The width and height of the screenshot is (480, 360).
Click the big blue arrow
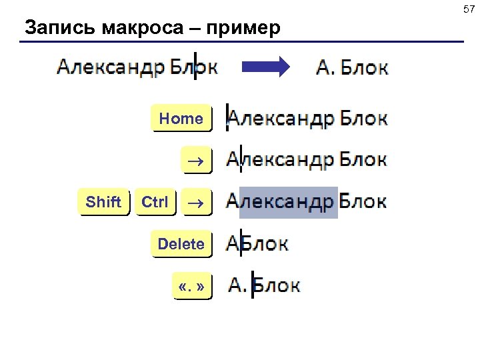tap(265, 67)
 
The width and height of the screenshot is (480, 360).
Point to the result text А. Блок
tap(351, 67)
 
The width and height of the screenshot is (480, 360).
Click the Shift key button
tap(104, 202)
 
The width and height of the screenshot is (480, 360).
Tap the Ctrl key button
tap(155, 202)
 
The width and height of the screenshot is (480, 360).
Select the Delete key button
tap(181, 244)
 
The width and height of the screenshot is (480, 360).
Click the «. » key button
tap(191, 287)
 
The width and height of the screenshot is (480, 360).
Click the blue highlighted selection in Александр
tap(288, 202)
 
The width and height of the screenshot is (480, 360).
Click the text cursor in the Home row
tap(227, 117)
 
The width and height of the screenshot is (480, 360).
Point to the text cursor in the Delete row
tap(241, 243)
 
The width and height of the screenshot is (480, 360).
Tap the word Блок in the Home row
tap(363, 119)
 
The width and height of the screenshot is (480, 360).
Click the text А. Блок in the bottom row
tap(264, 285)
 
